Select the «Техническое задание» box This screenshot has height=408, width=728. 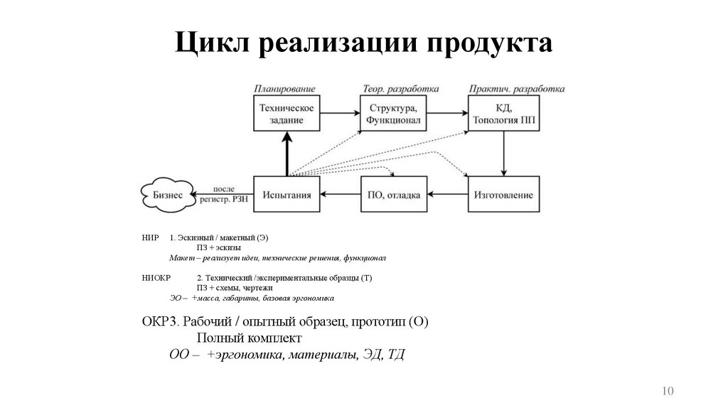(x=287, y=113)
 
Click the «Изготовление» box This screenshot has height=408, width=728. (x=503, y=194)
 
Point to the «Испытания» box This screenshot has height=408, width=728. (x=287, y=194)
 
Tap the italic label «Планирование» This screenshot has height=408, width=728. (x=285, y=89)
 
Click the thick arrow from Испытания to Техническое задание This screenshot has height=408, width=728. (x=287, y=153)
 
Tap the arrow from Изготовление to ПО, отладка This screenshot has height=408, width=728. (x=448, y=194)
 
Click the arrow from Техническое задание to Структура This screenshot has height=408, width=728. (x=340, y=113)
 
